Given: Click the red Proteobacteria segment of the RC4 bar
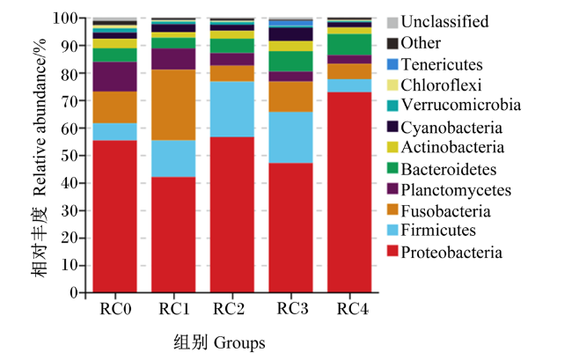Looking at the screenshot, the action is point(349,192).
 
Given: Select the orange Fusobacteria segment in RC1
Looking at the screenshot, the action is point(173,105).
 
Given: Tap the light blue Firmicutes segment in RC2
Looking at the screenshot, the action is point(232,109).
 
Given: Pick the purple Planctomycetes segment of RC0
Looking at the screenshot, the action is point(115,77).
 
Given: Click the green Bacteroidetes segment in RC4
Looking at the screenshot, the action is point(349,45).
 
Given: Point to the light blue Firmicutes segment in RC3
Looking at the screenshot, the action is point(290,137).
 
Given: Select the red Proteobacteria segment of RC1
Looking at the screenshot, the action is point(173,234).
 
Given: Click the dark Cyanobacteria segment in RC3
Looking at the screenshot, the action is point(290,34).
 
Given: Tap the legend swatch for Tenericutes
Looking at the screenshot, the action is point(392,64).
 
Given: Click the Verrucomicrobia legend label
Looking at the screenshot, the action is point(461,105).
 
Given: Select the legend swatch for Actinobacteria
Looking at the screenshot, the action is point(392,147).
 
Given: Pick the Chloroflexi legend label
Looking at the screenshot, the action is point(441,85).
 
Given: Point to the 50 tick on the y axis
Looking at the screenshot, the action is point(82,156).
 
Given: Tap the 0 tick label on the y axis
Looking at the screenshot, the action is point(74,292).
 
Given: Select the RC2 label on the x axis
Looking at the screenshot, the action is point(229,309).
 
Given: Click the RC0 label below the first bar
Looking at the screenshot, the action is point(115,309).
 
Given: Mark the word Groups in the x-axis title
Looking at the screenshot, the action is point(239,343).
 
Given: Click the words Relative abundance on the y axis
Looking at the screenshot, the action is point(40,117).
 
